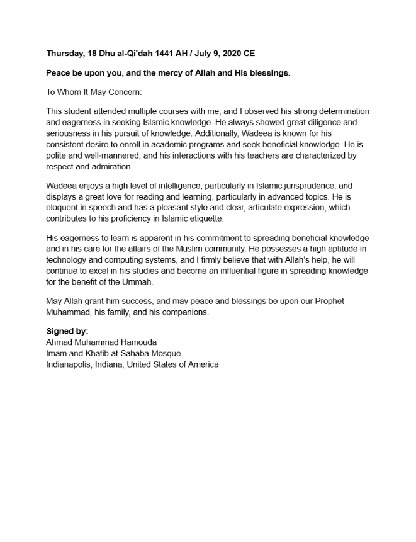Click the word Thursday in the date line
pyautogui.click(x=65, y=53)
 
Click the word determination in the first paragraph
pyautogui.click(x=341, y=111)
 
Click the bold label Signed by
pyautogui.click(x=67, y=331)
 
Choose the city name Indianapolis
pyautogui.click(x=69, y=364)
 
